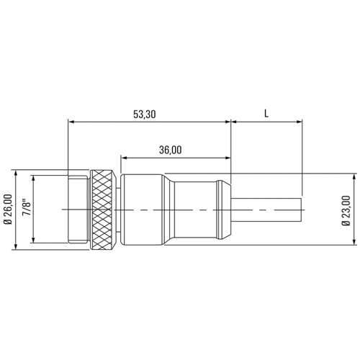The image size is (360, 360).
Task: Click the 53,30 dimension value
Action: [x=145, y=114]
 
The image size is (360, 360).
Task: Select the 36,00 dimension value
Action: [x=171, y=150]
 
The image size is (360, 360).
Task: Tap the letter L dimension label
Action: [x=266, y=114]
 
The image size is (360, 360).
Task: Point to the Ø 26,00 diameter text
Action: [x=9, y=210]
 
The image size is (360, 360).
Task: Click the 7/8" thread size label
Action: [x=27, y=207]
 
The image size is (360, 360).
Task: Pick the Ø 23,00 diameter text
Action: [x=346, y=211]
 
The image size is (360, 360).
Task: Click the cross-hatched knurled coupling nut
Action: [x=101, y=210]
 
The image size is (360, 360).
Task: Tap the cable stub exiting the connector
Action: [x=266, y=210]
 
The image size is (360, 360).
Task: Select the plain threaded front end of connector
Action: [x=78, y=210]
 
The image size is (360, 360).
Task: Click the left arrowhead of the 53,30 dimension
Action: [x=71, y=122]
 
